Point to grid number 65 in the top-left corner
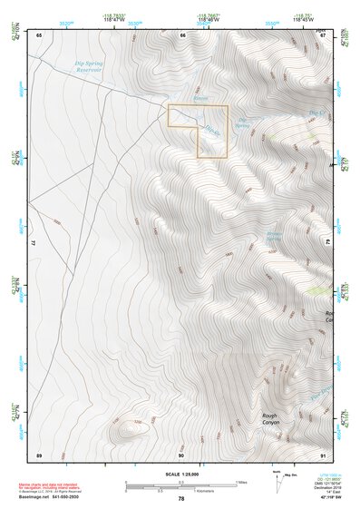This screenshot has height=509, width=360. click(39, 35)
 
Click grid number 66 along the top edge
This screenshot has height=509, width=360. click(182, 35)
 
